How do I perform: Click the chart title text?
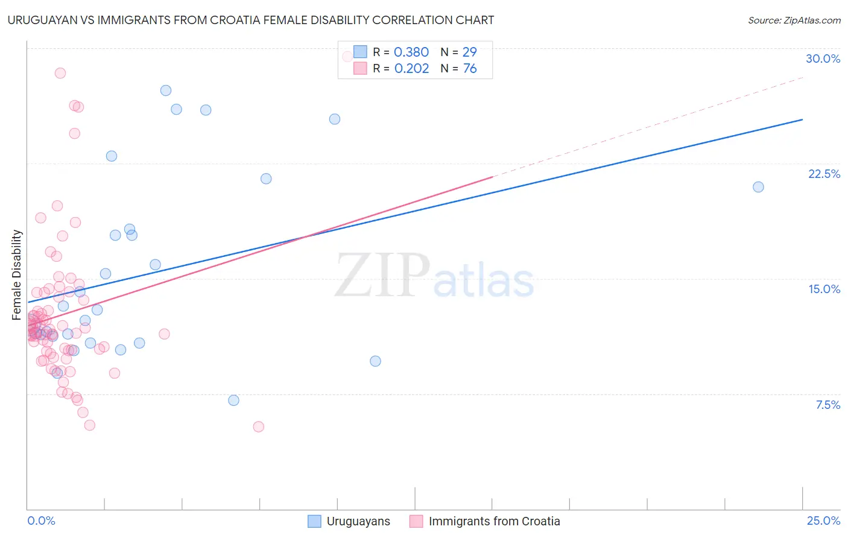coord(251,20)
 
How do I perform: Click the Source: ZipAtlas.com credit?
coord(794,20)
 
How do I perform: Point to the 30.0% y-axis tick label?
coord(823,59)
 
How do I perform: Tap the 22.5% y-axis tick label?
coord(824,174)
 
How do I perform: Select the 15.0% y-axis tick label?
coord(824,289)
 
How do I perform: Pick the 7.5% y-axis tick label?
coord(827,405)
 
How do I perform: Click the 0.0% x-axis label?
coord(41,521)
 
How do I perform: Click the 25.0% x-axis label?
coord(823,521)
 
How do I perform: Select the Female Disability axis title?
coord(17,274)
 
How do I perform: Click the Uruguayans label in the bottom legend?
coord(358,521)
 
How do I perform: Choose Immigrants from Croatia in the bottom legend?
coord(494,521)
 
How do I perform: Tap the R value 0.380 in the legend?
coord(411,52)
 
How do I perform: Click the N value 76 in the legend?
coord(470,68)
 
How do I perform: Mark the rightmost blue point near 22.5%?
coord(758,187)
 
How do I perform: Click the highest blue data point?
coord(166,90)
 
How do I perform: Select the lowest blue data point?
coord(233,400)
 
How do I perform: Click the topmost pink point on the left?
coord(60,73)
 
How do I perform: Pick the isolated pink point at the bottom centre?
coord(259,426)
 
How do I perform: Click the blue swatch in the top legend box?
coord(360,52)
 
